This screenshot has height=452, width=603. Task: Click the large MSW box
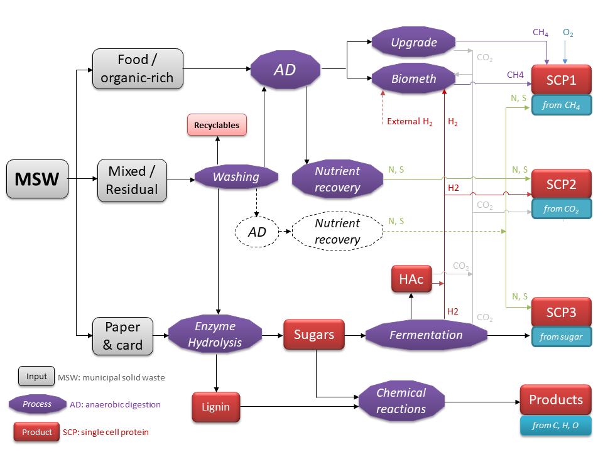[x=37, y=179]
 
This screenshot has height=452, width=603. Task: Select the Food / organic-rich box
[x=138, y=69]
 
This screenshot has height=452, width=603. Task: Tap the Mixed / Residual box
[x=132, y=180]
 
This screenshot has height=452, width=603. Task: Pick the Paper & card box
[x=123, y=336]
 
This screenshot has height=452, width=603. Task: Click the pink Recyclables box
[x=217, y=125]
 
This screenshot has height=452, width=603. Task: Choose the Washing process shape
[x=236, y=177]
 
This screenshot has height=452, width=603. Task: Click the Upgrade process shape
[x=413, y=43]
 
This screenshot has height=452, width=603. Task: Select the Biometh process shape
[x=413, y=78]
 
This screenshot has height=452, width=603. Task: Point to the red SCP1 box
[x=562, y=80]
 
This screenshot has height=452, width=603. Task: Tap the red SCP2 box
[x=562, y=184]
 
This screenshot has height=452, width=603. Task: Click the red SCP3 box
[x=562, y=312]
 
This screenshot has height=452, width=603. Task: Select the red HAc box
[x=411, y=279]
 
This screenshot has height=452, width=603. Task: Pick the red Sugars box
[x=314, y=335]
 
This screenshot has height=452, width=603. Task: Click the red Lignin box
[x=215, y=407]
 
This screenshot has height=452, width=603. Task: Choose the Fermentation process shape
[x=426, y=335]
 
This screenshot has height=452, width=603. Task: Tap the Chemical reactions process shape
[x=401, y=401]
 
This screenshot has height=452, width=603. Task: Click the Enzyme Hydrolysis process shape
[x=215, y=335]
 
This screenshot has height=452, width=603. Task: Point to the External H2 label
[x=410, y=122]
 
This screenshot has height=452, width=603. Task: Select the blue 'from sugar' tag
[x=562, y=337]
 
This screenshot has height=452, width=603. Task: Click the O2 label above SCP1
[x=568, y=33]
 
